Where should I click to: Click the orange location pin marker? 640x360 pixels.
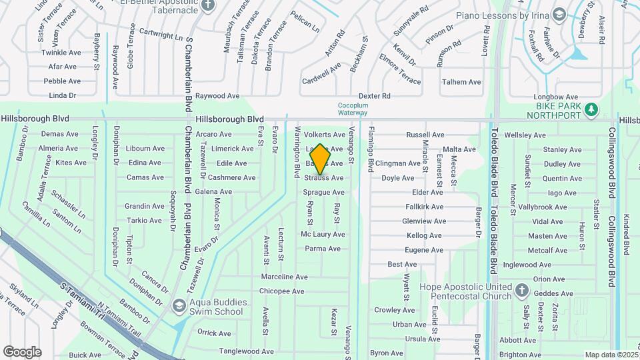(320, 159)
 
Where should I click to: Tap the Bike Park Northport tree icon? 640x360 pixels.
(590, 109)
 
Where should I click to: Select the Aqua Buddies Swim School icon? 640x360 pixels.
(178, 306)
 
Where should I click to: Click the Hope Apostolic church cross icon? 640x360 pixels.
(522, 291)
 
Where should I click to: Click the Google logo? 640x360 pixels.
(22, 351)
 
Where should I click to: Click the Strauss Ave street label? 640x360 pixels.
(324, 178)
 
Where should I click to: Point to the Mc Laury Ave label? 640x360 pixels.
(323, 235)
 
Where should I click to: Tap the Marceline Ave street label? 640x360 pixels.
(284, 277)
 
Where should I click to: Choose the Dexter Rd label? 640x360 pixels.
(373, 96)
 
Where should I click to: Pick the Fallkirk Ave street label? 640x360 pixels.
(424, 207)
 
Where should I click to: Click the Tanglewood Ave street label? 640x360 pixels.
(247, 351)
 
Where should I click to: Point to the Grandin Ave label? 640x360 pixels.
(144, 206)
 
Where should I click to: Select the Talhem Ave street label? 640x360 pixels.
(461, 82)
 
